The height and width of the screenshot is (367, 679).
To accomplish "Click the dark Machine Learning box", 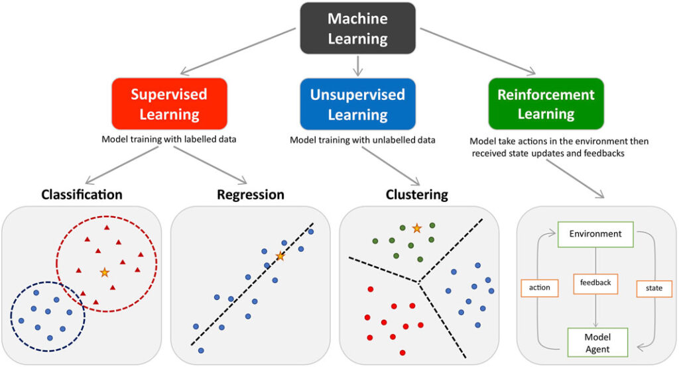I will [x=357, y=28].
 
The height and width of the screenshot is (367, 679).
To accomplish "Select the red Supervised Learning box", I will [x=169, y=103].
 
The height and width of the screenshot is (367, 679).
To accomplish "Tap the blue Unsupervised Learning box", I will [x=357, y=103].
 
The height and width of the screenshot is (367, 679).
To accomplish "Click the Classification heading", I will [x=82, y=195].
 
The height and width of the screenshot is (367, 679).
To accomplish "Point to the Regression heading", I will [x=250, y=195].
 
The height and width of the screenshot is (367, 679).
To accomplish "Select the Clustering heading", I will [x=416, y=195].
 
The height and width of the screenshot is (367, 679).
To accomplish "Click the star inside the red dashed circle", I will [x=104, y=272].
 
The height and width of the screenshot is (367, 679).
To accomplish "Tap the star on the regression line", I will [x=280, y=256].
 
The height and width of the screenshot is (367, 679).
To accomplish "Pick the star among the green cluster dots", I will [x=416, y=229].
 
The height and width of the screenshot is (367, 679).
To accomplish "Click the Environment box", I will [x=595, y=234].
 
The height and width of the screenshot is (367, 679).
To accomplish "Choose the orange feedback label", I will [x=595, y=283].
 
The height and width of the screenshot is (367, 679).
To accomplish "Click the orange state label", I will [x=654, y=288].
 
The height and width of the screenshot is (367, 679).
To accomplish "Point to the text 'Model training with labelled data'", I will [x=169, y=139].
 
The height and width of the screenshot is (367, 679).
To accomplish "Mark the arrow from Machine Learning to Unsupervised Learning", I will [x=357, y=65].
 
